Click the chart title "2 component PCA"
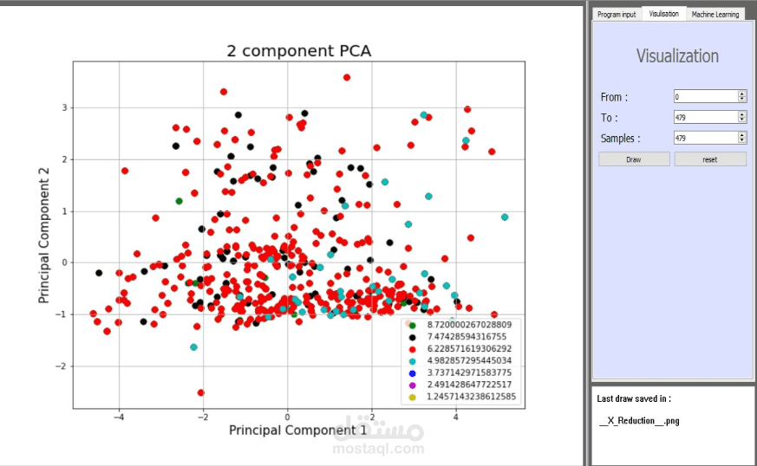point(298,50)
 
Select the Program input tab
point(617,14)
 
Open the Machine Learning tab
point(715,14)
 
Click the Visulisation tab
point(664,14)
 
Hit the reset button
point(710,159)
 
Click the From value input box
point(705,96)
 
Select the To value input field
point(705,117)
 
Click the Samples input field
point(705,138)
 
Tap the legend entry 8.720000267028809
point(467,324)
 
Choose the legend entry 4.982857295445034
point(467,360)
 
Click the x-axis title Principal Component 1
point(297,430)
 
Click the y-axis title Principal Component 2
point(43,235)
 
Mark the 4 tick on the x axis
point(456,417)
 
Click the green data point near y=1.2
point(179,201)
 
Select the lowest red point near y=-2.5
point(201,392)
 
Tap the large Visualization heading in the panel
point(677,56)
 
